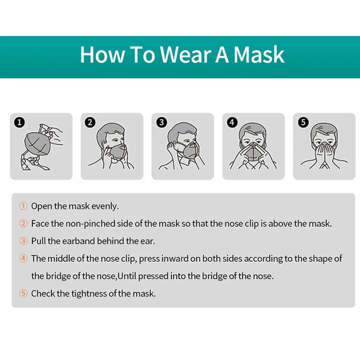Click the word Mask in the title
pyautogui.click(x=259, y=54)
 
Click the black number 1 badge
pyautogui.click(x=19, y=122)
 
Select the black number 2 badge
pyautogui.click(x=90, y=122)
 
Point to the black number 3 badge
pyautogui.click(x=161, y=122)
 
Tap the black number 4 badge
pyautogui.click(x=232, y=122)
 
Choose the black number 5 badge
pyautogui.click(x=302, y=122)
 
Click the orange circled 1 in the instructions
pyautogui.click(x=23, y=207)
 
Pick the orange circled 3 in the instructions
pyautogui.click(x=23, y=241)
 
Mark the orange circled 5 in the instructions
pyautogui.click(x=23, y=293)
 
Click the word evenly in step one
pyautogui.click(x=105, y=207)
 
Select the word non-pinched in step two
pyautogui.click(x=90, y=224)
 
